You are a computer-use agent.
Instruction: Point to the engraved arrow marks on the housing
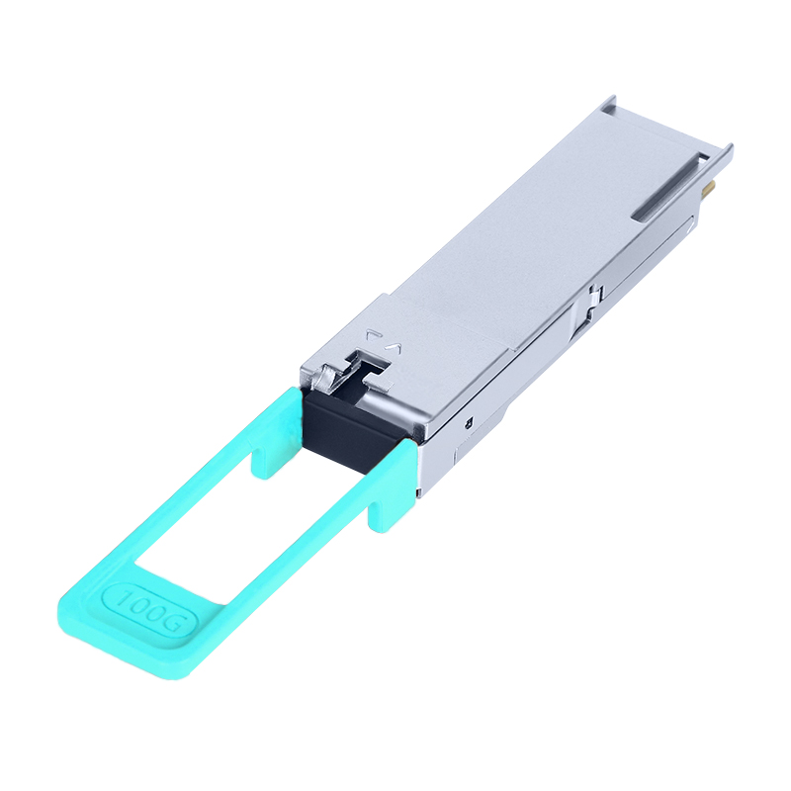coord(384,341)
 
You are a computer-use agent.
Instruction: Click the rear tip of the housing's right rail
coord(726,151)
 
